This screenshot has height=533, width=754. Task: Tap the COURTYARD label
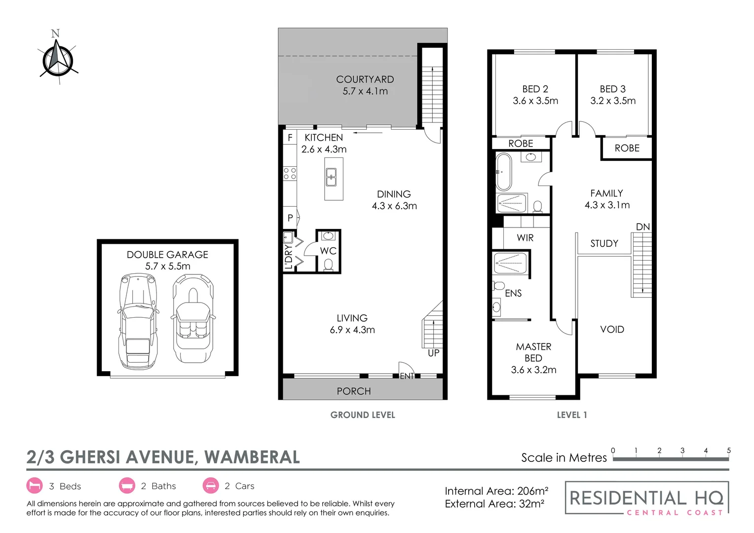coord(365,79)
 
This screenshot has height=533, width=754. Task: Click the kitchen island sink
coord(331,177)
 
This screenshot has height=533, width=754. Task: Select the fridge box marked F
coord(290,138)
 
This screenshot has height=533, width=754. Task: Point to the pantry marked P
coord(290,218)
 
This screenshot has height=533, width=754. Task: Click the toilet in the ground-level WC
coord(328,266)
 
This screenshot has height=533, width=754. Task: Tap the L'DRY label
coord(289,257)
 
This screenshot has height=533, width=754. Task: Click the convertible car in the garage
coord(192,318)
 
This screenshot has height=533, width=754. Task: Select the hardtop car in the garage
coord(138,321)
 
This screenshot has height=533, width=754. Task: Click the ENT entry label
coord(407,376)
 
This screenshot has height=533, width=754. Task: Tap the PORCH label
coord(353,391)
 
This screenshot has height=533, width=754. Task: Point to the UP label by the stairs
coord(433,353)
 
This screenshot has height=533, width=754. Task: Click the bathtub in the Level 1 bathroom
coord(504,172)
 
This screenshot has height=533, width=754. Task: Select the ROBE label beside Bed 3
coord(627,148)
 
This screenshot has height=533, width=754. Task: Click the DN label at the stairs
coord(642,227)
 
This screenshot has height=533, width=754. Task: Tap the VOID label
coord(612,329)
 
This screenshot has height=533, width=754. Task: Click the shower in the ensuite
coord(511,263)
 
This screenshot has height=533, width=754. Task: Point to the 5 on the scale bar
coord(728,450)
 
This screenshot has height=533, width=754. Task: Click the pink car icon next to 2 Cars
coord(211,486)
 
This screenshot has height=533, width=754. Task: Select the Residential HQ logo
coord(646,498)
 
